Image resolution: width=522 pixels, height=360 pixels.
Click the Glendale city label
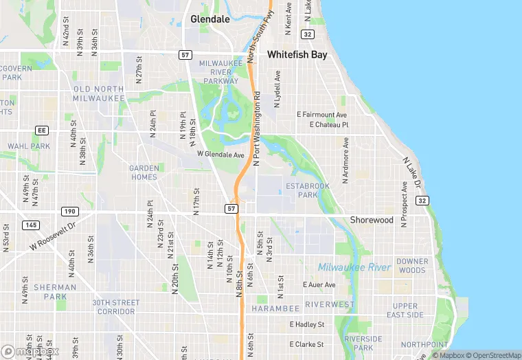pos(209,19)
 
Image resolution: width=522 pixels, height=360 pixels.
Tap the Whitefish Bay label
pos(297,54)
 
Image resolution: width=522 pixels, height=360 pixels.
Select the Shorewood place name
pos(372,220)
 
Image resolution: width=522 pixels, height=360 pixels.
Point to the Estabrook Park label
pos(308,190)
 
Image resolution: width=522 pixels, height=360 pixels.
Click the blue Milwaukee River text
pos(354,267)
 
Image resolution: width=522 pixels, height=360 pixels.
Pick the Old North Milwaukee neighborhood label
pos(99,93)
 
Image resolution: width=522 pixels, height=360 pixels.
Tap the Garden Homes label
pos(144,172)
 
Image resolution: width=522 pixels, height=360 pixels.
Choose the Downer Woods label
pos(412,266)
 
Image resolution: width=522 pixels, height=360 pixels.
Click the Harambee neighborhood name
pos(277,308)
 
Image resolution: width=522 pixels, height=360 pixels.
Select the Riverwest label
pos(330,304)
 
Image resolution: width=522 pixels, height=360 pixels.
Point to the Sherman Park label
pos(56,292)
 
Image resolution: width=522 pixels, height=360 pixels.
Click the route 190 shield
pos(69,211)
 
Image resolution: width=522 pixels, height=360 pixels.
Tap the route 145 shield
pos(30,225)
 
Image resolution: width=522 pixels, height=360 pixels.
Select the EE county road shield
pos(42,130)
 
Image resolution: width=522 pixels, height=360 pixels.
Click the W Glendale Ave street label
pos(220,155)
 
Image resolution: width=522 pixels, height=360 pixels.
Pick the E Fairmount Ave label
pos(321,115)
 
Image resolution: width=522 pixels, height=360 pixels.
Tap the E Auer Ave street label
pos(319,284)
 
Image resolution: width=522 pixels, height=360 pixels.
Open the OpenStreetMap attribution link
pos(491,355)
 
